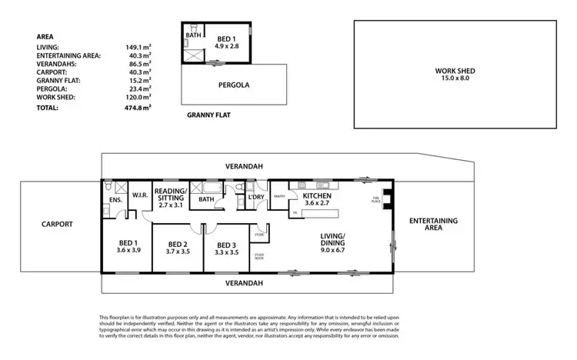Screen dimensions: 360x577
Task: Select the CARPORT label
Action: (57, 225)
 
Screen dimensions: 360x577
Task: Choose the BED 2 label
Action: (178, 246)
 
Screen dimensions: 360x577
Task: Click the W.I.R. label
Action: (139, 195)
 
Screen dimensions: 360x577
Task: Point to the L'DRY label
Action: (256, 198)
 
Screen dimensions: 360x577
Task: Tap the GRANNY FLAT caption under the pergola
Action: (208, 115)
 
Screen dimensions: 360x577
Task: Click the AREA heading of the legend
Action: (45, 35)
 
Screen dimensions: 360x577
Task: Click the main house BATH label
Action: (205, 198)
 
